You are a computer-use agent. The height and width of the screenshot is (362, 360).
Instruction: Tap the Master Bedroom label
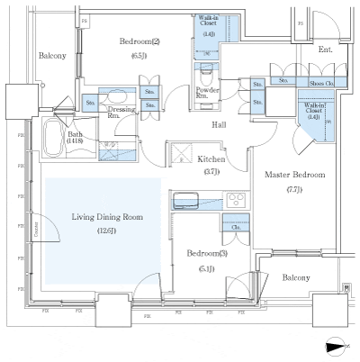292,174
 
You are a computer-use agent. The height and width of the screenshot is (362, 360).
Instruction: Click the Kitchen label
211,159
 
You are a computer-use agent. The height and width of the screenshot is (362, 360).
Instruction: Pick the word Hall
219,126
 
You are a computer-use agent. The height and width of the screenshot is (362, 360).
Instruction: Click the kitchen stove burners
237,200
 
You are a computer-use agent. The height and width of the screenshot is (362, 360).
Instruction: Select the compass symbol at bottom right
336,344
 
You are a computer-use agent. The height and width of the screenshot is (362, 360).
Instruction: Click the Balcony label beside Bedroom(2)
52,56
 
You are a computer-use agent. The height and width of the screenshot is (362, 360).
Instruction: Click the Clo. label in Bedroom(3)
235,227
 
